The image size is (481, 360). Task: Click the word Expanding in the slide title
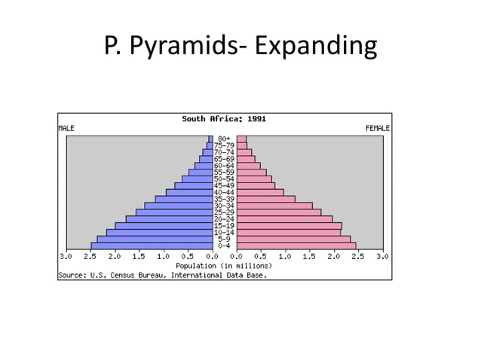pos(316,47)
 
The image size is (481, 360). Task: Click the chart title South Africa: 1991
pos(224,119)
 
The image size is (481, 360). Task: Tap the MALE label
pos(66,129)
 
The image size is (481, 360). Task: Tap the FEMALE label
pos(377,129)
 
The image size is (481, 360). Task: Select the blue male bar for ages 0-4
pos(151,246)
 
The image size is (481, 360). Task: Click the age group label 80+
pos(224,139)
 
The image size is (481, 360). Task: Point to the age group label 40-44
pos(224,192)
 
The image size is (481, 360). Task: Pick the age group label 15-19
pos(224,226)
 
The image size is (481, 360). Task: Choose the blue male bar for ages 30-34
pos(178,206)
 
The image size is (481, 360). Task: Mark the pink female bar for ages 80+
pos(241,139)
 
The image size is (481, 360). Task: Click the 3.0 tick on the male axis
pos(66,257)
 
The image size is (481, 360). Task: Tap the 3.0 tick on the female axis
pos(381,257)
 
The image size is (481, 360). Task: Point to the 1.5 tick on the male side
pos(139,257)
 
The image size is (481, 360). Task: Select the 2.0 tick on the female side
pos(333,257)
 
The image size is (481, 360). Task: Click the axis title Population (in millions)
pos(224,266)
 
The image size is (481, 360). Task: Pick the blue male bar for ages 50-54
pos(197,178)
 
